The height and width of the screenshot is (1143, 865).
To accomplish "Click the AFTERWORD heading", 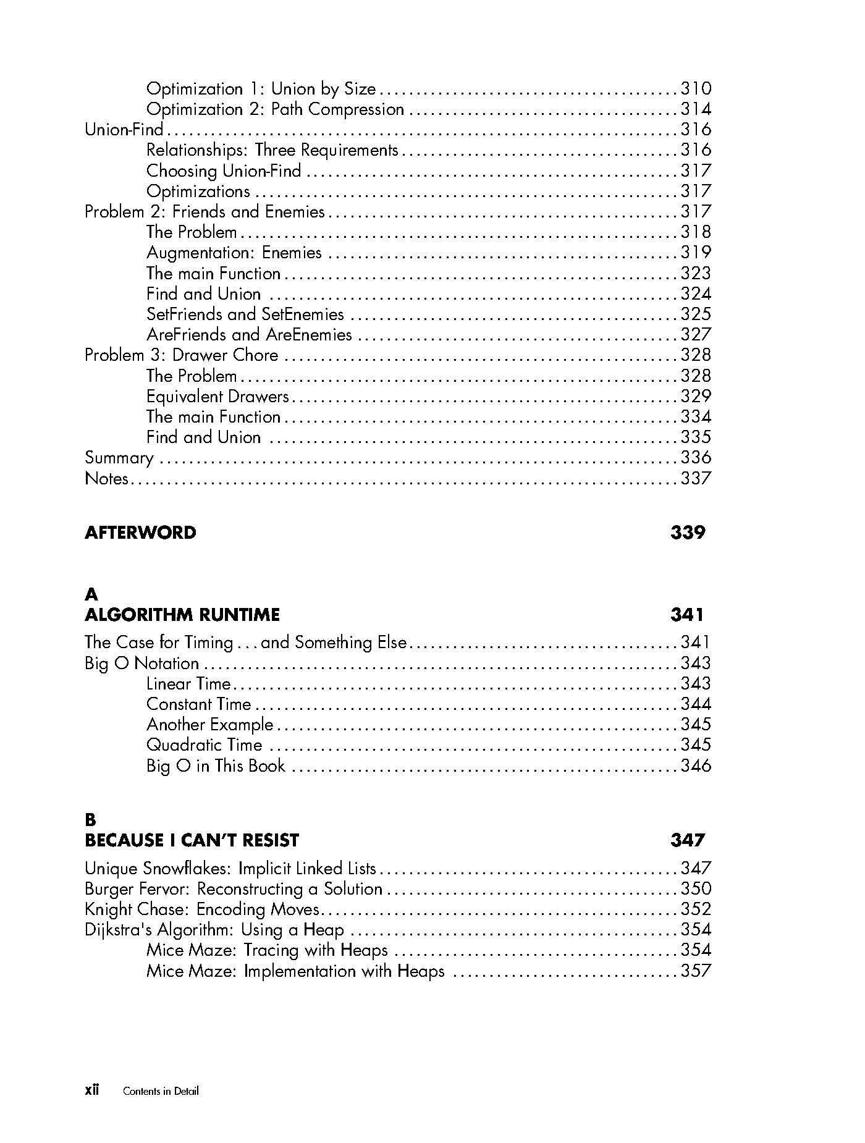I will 140,533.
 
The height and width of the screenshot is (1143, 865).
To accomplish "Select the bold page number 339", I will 687,533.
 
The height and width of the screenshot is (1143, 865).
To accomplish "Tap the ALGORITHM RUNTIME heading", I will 182,615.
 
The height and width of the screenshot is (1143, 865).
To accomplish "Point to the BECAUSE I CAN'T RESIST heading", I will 192,840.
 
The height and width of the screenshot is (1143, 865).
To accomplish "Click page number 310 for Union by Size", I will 696,89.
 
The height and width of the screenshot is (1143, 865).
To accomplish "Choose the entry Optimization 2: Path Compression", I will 275,109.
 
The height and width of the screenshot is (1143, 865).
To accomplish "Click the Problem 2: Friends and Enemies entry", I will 205,212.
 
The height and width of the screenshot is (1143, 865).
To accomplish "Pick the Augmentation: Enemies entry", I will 234,253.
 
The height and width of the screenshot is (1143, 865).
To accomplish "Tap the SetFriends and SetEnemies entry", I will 245,314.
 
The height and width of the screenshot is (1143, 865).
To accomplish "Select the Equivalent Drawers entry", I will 217,396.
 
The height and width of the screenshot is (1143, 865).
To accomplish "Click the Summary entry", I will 119,458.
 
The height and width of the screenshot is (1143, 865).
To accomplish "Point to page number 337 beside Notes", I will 696,478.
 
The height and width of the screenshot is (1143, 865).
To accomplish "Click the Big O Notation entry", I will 142,664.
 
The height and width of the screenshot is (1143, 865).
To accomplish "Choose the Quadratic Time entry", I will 205,745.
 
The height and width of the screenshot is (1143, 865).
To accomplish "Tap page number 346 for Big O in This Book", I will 696,766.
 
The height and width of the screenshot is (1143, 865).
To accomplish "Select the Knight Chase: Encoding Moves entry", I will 202,909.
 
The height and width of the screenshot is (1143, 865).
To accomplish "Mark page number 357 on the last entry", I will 696,971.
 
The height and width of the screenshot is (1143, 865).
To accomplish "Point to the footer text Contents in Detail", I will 161,1091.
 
